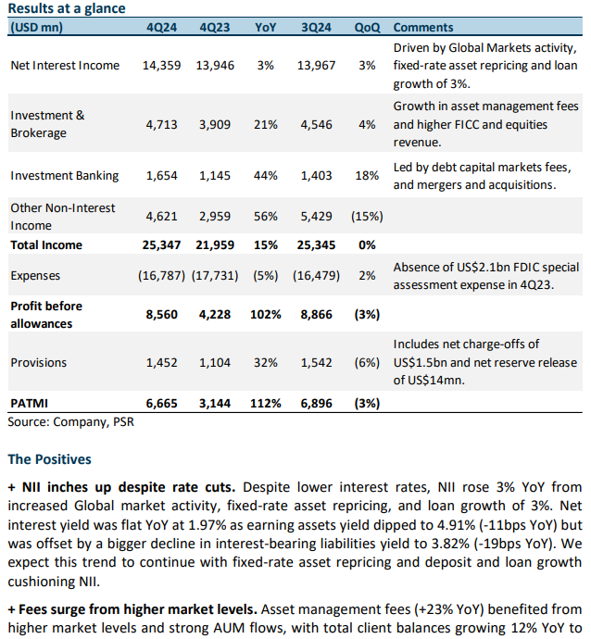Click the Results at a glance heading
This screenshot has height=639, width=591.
tap(67, 8)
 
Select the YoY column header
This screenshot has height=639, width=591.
tap(265, 27)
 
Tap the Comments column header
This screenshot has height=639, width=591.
tap(423, 27)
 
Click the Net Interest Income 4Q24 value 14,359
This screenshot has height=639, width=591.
tap(161, 66)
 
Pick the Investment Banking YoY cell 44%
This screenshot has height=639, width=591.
tap(265, 176)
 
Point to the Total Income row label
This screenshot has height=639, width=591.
tap(46, 244)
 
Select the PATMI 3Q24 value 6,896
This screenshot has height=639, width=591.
tap(316, 404)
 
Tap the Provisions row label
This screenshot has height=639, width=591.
tap(39, 363)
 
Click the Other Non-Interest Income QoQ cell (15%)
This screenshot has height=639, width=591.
tap(367, 217)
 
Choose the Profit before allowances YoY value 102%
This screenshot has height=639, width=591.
tap(265, 315)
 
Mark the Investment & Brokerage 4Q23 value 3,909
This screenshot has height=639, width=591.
tap(215, 125)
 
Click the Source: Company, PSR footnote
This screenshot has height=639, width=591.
tap(71, 421)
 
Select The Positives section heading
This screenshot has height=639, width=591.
tap(49, 459)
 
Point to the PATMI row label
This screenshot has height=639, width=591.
tap(30, 404)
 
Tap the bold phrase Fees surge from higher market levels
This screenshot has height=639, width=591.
tap(138, 609)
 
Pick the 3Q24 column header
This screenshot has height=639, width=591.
tap(316, 27)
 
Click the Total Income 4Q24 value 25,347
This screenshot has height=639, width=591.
tap(161, 244)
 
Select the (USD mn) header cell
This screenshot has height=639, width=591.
tap(37, 27)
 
